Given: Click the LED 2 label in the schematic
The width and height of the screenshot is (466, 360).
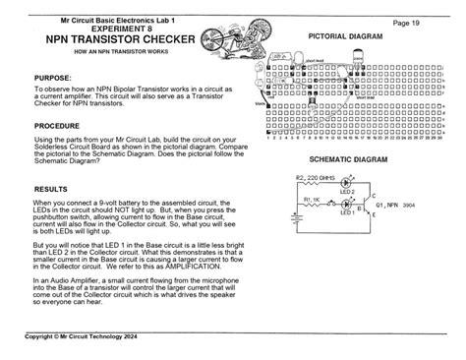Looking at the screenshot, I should [x=346, y=191].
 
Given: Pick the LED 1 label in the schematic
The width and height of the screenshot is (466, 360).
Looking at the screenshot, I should [x=346, y=212].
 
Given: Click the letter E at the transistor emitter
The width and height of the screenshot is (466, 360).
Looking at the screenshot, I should [x=376, y=215].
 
